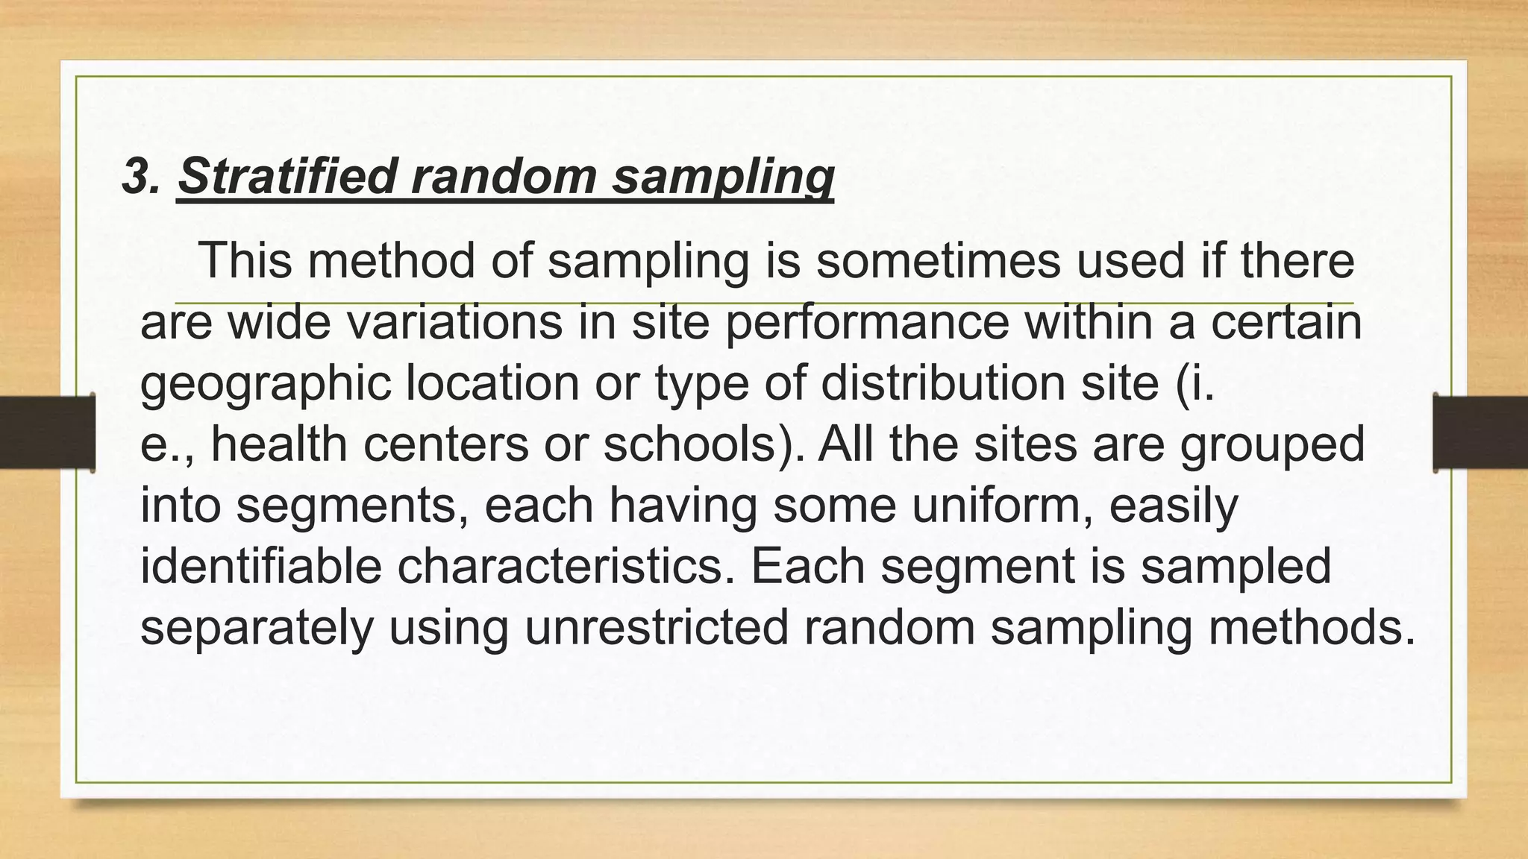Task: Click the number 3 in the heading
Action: point(134,177)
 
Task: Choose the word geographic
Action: point(266,383)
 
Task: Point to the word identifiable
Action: point(261,566)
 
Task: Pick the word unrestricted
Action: point(657,627)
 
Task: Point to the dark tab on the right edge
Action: point(1480,432)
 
